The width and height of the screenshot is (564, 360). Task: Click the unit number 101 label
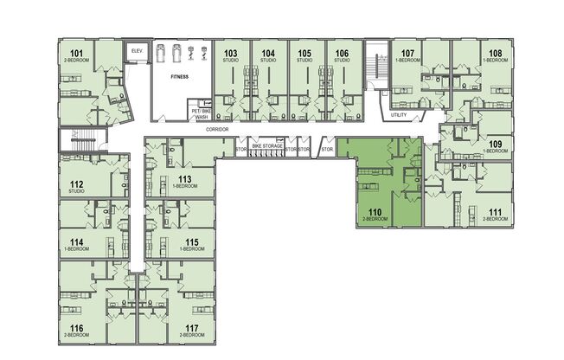coord(76,55)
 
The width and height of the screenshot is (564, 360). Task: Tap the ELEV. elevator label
coord(135,52)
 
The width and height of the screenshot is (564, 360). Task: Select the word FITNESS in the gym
coord(179,77)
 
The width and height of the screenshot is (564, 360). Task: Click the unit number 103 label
coord(230,54)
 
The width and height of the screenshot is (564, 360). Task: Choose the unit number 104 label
coord(268,54)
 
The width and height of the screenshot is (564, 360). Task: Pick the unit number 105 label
coord(304,54)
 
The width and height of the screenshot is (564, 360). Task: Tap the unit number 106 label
coord(342,54)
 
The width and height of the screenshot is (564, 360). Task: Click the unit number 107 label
coord(408,54)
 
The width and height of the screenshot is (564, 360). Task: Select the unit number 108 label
coord(495,54)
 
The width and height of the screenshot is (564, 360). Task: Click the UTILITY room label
coord(399,114)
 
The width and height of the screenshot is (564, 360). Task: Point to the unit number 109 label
coord(495,144)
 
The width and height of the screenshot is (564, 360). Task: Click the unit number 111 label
coord(495,212)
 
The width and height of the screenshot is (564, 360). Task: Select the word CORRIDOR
coord(217,129)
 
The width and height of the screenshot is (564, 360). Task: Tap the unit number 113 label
coord(184,179)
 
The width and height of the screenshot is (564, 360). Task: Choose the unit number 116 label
coord(76,328)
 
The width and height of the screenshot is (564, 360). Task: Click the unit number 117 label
coord(191,328)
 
